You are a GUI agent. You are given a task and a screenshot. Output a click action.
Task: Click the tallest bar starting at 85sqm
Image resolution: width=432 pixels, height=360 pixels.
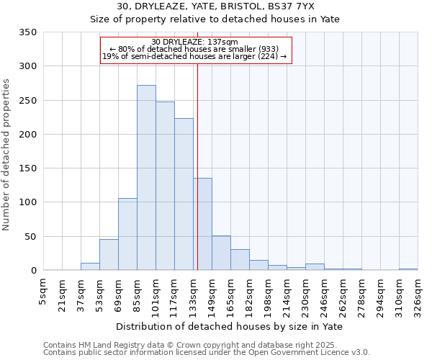[x=146, y=178]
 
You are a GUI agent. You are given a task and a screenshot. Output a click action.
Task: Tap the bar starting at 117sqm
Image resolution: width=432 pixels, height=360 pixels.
[x=184, y=194]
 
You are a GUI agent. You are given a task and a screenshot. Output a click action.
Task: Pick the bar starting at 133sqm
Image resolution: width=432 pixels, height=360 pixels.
[x=202, y=224]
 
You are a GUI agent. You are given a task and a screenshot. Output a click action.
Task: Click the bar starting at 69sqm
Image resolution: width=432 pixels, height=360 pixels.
[x=127, y=234]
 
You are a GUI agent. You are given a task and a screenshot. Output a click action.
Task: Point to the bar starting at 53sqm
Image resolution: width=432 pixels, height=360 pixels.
[x=109, y=255]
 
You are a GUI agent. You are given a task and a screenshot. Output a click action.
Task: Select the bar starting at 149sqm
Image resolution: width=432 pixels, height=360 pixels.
[x=221, y=253]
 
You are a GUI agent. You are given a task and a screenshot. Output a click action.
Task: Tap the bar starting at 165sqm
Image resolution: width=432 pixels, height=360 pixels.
[x=240, y=260]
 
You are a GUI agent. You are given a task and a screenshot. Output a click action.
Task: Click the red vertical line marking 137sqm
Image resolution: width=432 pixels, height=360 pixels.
[x=197, y=166]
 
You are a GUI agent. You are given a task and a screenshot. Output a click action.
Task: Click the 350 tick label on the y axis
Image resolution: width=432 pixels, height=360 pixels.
[x=28, y=32]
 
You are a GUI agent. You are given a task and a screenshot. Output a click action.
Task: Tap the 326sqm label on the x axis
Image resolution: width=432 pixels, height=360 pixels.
[x=418, y=292]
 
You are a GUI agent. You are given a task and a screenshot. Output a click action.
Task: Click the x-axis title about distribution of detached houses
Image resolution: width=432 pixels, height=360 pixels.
[x=229, y=327]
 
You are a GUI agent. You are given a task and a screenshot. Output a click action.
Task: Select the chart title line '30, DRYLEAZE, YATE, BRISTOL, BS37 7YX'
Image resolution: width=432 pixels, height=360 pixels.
[x=215, y=6]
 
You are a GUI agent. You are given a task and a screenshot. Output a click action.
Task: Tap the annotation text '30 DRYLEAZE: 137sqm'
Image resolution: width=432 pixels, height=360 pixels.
[x=195, y=42]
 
